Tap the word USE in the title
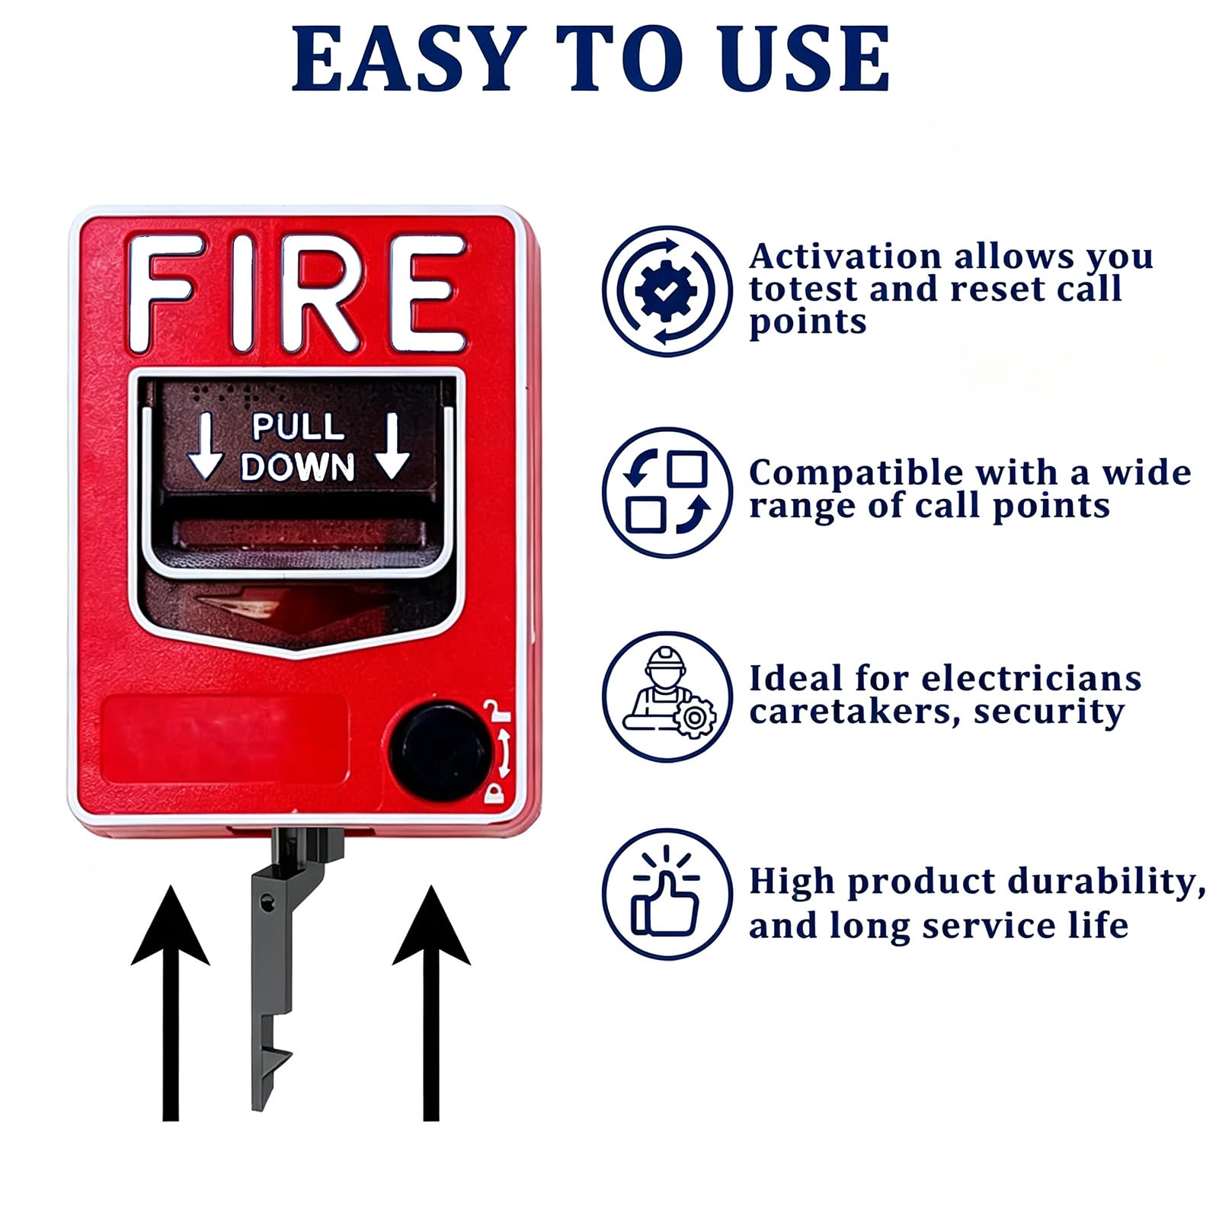(x=807, y=59)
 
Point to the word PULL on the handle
(x=298, y=427)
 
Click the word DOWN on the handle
(x=298, y=466)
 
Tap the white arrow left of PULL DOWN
(x=205, y=446)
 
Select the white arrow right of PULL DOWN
(x=392, y=446)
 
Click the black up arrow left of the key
(x=171, y=1003)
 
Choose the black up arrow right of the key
(x=431, y=1003)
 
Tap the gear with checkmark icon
(x=667, y=291)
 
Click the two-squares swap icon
(x=667, y=492)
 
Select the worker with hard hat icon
(x=667, y=696)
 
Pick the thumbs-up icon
(x=667, y=894)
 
